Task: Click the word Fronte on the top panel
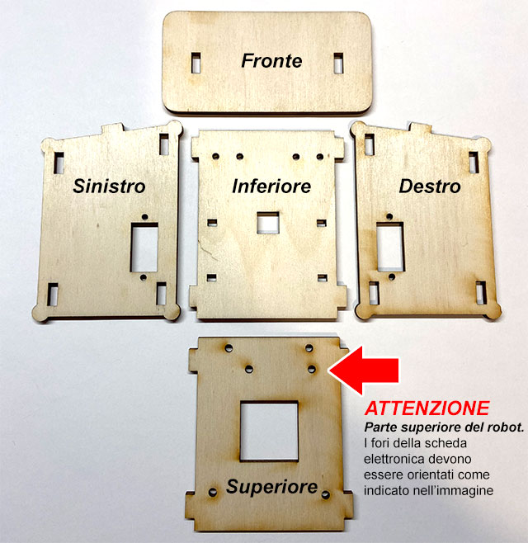271,61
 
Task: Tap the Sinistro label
109,186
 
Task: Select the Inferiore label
271,186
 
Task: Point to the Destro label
430,186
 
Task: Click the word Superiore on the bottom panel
271,487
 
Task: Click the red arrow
363,371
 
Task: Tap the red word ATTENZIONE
427,408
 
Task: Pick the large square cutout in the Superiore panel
269,431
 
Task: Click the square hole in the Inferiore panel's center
268,223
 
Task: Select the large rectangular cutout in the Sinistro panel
144,248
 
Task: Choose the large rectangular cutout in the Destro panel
390,247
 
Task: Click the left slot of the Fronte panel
196,63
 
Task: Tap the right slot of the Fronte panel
338,63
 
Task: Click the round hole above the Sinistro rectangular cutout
144,217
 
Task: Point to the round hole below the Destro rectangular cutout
392,276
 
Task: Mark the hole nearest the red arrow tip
312,369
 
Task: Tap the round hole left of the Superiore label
213,492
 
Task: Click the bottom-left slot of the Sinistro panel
52,295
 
